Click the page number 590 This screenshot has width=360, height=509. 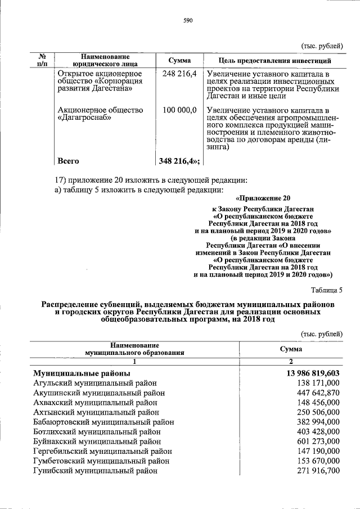(x=188, y=21)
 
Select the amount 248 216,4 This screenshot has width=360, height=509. (x=179, y=74)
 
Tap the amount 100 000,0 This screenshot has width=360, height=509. (x=179, y=110)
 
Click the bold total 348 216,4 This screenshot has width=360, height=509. (x=179, y=161)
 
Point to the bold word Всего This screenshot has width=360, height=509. (x=69, y=161)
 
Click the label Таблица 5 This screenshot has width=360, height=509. (x=327, y=290)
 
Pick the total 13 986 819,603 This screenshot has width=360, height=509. (x=312, y=373)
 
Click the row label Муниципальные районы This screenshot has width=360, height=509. (x=82, y=373)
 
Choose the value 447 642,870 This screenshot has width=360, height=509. (x=318, y=393)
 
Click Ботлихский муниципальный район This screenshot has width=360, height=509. (x=97, y=431)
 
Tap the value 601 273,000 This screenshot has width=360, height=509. (x=318, y=441)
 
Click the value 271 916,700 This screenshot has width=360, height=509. (x=318, y=470)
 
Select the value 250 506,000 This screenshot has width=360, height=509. (x=318, y=412)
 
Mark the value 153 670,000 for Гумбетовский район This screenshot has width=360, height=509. (x=318, y=461)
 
